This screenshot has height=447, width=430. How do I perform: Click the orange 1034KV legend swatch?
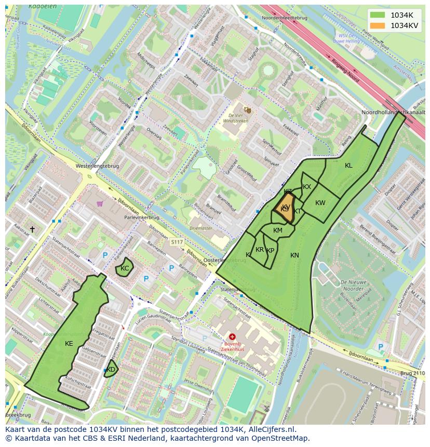point(378,25)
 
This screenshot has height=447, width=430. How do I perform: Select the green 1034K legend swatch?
point(378,15)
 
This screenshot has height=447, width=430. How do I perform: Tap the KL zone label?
point(348,166)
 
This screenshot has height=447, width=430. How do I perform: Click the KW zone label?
point(320,203)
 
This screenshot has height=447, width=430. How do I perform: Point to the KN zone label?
point(294,255)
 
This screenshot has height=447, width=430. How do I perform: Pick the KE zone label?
point(69,344)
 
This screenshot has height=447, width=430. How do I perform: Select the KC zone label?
point(125,268)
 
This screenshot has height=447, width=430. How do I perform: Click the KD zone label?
point(111,370)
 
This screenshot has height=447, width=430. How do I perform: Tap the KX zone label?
point(307,187)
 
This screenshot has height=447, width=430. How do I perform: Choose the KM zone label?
point(278,231)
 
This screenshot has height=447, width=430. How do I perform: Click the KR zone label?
point(260,250)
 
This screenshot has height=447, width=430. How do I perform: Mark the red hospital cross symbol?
point(232,336)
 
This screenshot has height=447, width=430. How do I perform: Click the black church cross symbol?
point(32,229)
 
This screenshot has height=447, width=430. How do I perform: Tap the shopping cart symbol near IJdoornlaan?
point(99,204)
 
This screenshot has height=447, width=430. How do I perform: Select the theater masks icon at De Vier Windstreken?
point(248,110)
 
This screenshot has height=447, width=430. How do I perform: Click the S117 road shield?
point(177,242)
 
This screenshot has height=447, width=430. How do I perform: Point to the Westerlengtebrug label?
point(97,166)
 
